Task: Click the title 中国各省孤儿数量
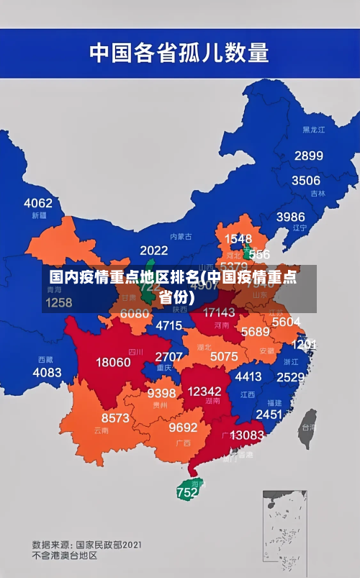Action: [x=179, y=53]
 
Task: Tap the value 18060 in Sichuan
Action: [x=113, y=362]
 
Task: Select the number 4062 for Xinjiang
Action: [x=38, y=203]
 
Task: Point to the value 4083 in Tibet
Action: [x=47, y=372]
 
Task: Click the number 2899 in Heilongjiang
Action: [x=308, y=155]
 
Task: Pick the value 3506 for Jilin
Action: [x=305, y=181]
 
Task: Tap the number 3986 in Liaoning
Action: [x=290, y=217]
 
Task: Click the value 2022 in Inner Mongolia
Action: [x=153, y=250]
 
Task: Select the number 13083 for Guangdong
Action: [x=247, y=435]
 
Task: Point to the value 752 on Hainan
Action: [x=186, y=493]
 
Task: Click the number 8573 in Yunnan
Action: [x=115, y=417]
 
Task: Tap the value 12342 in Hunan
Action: [x=204, y=391]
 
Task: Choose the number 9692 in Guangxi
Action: [x=183, y=427]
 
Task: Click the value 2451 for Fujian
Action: [x=269, y=414]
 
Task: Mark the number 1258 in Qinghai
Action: [x=58, y=302]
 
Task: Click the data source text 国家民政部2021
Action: [x=108, y=544]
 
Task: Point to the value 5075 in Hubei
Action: [x=223, y=356]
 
